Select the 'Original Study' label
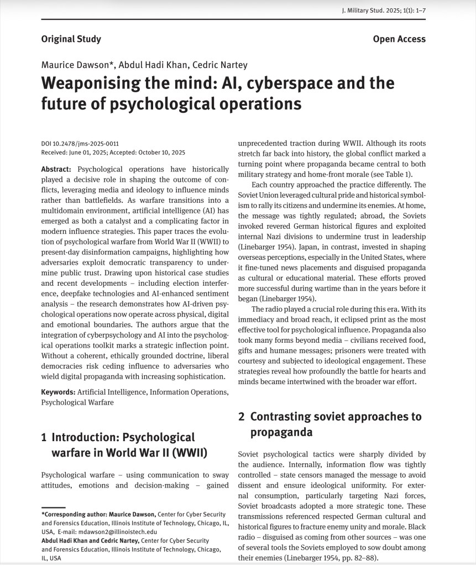click(x=71, y=39)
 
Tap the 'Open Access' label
click(x=399, y=39)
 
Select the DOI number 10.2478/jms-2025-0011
click(x=85, y=144)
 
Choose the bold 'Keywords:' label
click(x=58, y=392)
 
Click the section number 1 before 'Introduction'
click(x=44, y=438)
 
